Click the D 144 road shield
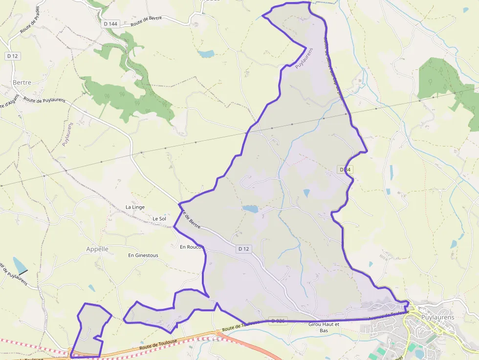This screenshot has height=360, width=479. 111,23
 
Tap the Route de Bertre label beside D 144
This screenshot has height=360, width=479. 146,21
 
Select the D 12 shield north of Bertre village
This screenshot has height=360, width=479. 13,56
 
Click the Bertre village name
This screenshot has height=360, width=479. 22,82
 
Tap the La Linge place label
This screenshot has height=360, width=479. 135,207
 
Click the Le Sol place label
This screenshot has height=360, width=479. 159,218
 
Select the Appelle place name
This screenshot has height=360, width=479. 97,249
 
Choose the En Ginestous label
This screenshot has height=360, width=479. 143,255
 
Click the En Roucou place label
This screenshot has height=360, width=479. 191,247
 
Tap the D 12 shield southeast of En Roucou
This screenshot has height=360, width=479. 243,249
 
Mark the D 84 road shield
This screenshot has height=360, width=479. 345,169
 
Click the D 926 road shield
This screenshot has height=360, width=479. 278,321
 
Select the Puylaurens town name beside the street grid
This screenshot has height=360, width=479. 437,317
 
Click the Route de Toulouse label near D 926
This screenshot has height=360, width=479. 239,326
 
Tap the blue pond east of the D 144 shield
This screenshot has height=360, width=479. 206,54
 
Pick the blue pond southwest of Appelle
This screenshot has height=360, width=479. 20,265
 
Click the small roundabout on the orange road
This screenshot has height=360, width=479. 218,333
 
